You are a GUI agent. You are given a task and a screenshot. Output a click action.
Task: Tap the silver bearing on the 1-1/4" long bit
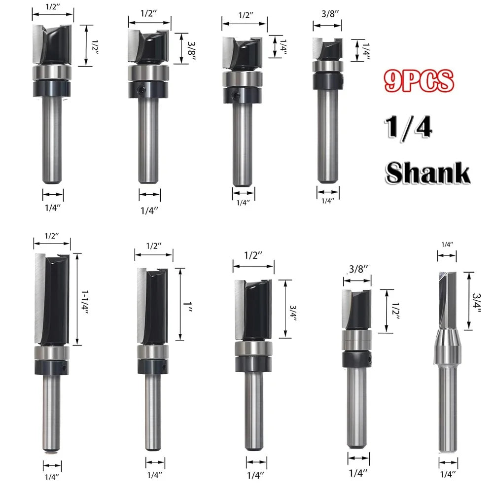coord(52,353)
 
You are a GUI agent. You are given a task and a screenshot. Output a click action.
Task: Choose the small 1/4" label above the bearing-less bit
coord(447,244)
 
